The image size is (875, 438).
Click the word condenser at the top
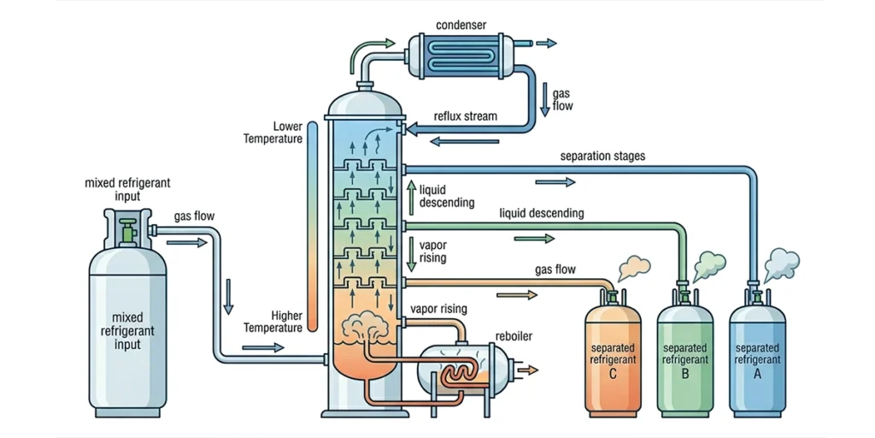[x=461, y=24]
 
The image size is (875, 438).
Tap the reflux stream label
[x=466, y=116]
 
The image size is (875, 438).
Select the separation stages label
[x=602, y=157]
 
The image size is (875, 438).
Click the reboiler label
[x=514, y=336]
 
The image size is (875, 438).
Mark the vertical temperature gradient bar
[x=314, y=227]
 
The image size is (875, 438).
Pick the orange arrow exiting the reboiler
[x=530, y=370]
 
